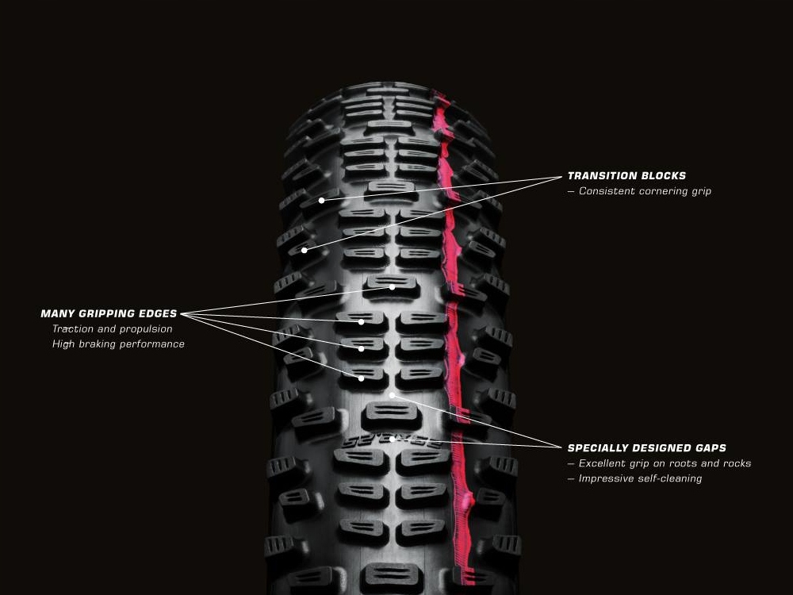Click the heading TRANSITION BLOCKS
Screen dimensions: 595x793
pyautogui.click(x=626, y=176)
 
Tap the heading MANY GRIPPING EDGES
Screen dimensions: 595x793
pyautogui.click(x=109, y=314)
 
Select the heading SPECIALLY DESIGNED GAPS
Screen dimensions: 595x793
pyautogui.click(x=646, y=448)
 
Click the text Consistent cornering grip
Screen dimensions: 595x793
pyautogui.click(x=645, y=191)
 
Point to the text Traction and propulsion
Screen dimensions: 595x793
pyautogui.click(x=112, y=329)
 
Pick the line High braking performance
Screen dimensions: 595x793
pyautogui.click(x=118, y=344)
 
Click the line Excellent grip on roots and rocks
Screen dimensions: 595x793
pyautogui.click(x=665, y=463)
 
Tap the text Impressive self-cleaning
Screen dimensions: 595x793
pyautogui.click(x=640, y=478)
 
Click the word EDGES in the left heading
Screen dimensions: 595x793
pyautogui.click(x=155, y=314)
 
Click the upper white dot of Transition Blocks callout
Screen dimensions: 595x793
pyautogui.click(x=321, y=201)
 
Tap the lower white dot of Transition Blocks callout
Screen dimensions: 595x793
pyautogui.click(x=304, y=251)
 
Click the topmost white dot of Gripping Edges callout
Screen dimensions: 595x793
pyautogui.click(x=392, y=287)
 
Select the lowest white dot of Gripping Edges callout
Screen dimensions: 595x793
pyautogui.click(x=362, y=378)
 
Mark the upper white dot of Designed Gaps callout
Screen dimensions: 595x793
pyautogui.click(x=392, y=394)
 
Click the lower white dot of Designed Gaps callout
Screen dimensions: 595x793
pyautogui.click(x=392, y=439)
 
